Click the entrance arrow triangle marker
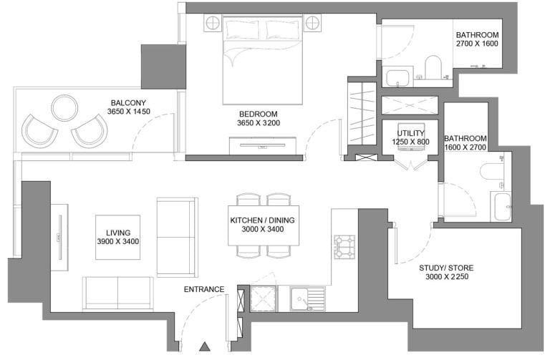point(205,346)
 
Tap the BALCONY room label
point(128,103)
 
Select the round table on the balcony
point(64,107)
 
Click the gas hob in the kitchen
point(344,247)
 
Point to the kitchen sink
point(308,299)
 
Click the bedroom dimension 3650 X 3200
point(259,123)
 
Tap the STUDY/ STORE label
point(446,268)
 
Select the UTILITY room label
point(411,133)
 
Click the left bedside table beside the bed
point(213,23)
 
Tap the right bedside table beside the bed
point(312,23)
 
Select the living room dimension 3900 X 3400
point(118,241)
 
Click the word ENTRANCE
point(204,290)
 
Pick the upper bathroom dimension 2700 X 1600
point(477,44)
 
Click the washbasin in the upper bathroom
point(397,78)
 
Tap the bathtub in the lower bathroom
point(501,206)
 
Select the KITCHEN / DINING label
point(262,220)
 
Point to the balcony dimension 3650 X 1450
point(128,112)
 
